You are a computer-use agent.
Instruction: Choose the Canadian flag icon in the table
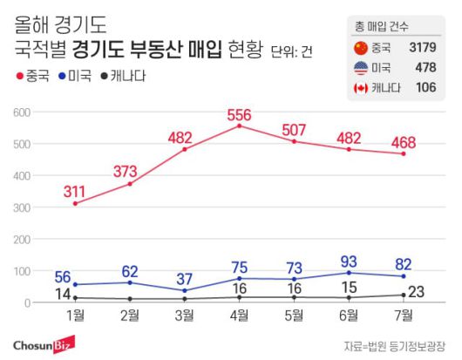[360, 87]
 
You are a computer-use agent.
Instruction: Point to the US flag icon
[360, 67]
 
